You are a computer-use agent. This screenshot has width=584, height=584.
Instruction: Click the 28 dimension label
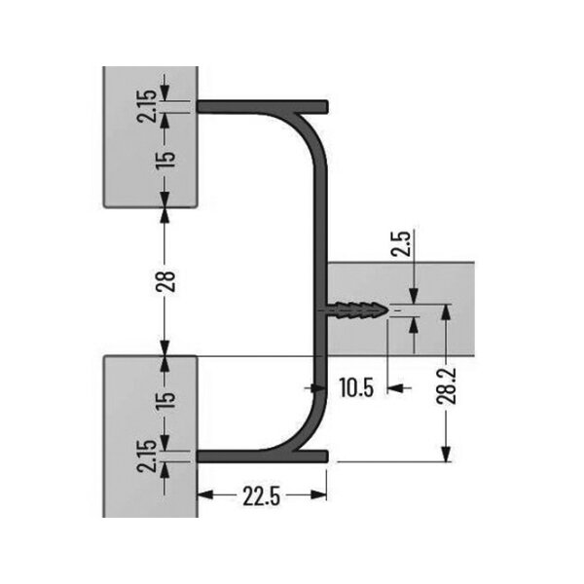167,281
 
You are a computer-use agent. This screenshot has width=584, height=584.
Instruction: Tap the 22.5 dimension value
262,496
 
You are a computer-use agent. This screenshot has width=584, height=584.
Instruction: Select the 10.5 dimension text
356,388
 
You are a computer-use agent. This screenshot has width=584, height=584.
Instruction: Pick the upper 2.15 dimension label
147,104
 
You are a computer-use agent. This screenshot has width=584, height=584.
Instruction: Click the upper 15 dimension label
166,156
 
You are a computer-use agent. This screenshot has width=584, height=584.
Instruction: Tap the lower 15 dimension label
166,399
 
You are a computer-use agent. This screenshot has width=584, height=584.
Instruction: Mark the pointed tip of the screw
386,311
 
